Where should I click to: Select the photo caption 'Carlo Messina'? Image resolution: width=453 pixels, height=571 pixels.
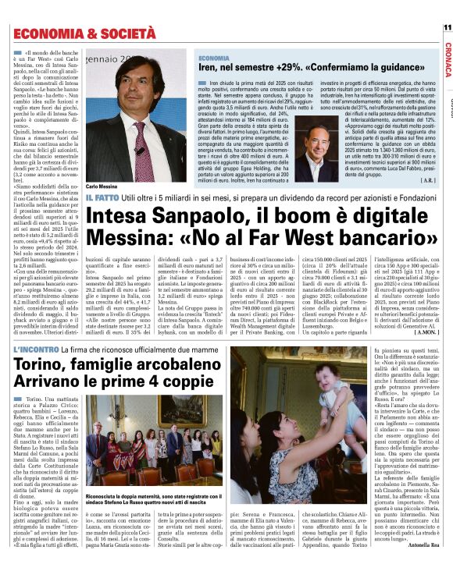coord(102,188)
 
